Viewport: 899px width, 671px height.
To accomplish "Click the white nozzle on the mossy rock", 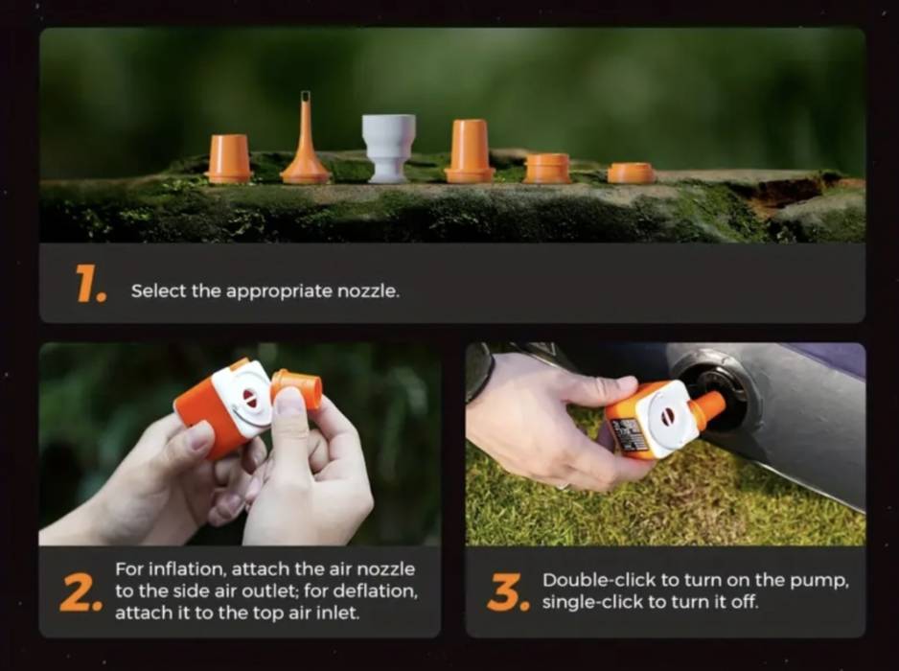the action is tap(388, 149).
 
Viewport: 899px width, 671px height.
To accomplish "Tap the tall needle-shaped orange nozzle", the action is tap(305, 144).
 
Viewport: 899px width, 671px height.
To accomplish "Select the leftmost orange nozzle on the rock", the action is tap(229, 158).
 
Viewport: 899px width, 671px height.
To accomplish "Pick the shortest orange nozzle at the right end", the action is tap(631, 173).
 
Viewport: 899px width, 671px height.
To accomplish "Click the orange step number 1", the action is tap(91, 284).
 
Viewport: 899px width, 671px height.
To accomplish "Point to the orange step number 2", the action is tap(81, 592).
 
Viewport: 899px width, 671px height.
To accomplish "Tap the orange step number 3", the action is tap(508, 592).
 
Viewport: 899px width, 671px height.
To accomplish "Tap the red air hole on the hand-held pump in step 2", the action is tap(249, 398).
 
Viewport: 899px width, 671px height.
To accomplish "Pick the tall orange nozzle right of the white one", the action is tap(470, 150).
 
